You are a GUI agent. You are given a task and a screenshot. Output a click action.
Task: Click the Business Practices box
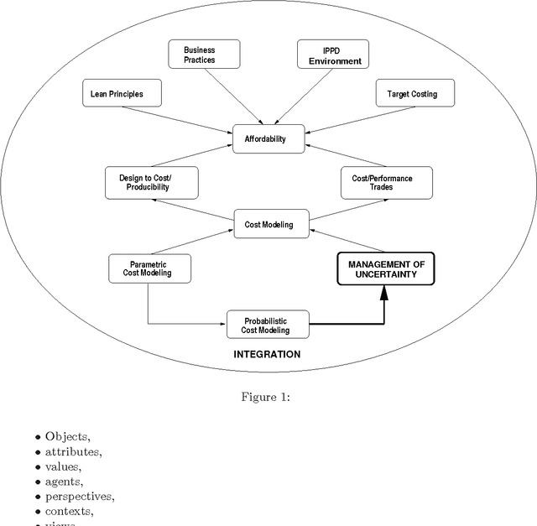coord(200,55)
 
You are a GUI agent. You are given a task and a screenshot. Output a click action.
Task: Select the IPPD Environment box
coord(335,55)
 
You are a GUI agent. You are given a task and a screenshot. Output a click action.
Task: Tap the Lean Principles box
coord(117,94)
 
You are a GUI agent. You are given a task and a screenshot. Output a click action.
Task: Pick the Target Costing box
coord(406,94)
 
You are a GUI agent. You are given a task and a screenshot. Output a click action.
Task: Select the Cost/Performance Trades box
coord(386,182)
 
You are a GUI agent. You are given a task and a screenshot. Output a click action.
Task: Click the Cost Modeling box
coord(268,225)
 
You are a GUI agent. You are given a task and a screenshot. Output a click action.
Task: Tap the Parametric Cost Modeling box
coord(150,268)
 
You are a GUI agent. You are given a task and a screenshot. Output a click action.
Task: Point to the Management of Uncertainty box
coord(386,268)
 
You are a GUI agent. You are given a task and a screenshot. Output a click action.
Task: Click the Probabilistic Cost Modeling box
coord(268,325)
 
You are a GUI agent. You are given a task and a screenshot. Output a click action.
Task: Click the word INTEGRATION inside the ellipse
coord(266,354)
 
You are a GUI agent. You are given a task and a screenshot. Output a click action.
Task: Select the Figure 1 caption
coord(268,397)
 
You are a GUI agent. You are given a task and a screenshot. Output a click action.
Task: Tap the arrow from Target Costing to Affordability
coord(343,117)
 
